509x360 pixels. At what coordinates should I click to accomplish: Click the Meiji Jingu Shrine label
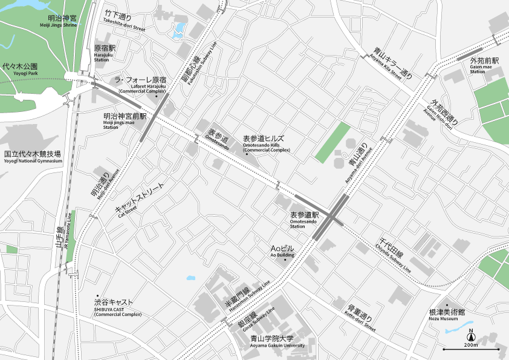[62, 22]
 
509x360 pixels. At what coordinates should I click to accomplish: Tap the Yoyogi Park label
[20, 69]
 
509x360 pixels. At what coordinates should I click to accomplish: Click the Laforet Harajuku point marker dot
[157, 96]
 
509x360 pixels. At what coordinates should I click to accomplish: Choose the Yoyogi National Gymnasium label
[33, 157]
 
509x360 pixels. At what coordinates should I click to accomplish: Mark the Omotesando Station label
[304, 218]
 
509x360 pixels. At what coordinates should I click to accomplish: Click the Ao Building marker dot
[285, 260]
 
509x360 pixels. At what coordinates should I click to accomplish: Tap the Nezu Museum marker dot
[447, 305]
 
